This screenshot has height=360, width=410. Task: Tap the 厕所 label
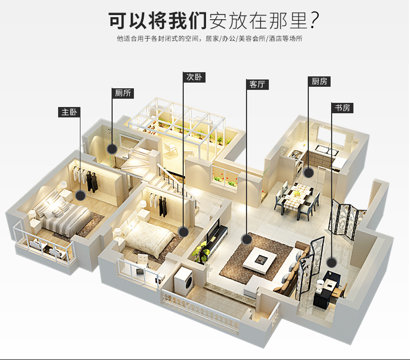tap(123, 94)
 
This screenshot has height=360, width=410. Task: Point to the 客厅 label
tap(257, 84)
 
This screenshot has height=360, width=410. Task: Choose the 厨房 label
tap(319, 82)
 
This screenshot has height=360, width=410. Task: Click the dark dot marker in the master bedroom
tap(80, 196)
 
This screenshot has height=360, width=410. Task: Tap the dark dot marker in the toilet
tap(112, 149)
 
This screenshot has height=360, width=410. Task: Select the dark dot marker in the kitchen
tap(308, 173)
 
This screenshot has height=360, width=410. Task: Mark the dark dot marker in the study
tap(331, 262)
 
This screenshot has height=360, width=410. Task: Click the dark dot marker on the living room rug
tap(247, 239)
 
